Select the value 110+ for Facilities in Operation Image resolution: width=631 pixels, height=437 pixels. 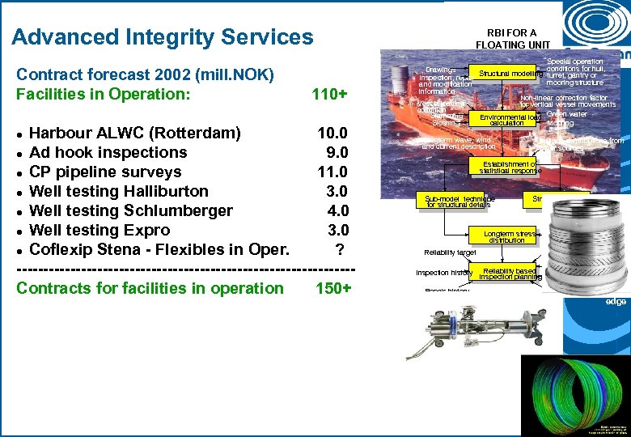[329, 95]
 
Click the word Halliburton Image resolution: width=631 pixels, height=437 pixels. [166, 191]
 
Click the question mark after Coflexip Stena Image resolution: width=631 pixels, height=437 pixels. [341, 249]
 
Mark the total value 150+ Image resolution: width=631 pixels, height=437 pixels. [333, 288]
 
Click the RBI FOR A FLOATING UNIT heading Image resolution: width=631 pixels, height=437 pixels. [512, 38]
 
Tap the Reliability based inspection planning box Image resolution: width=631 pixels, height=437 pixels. [510, 274]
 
